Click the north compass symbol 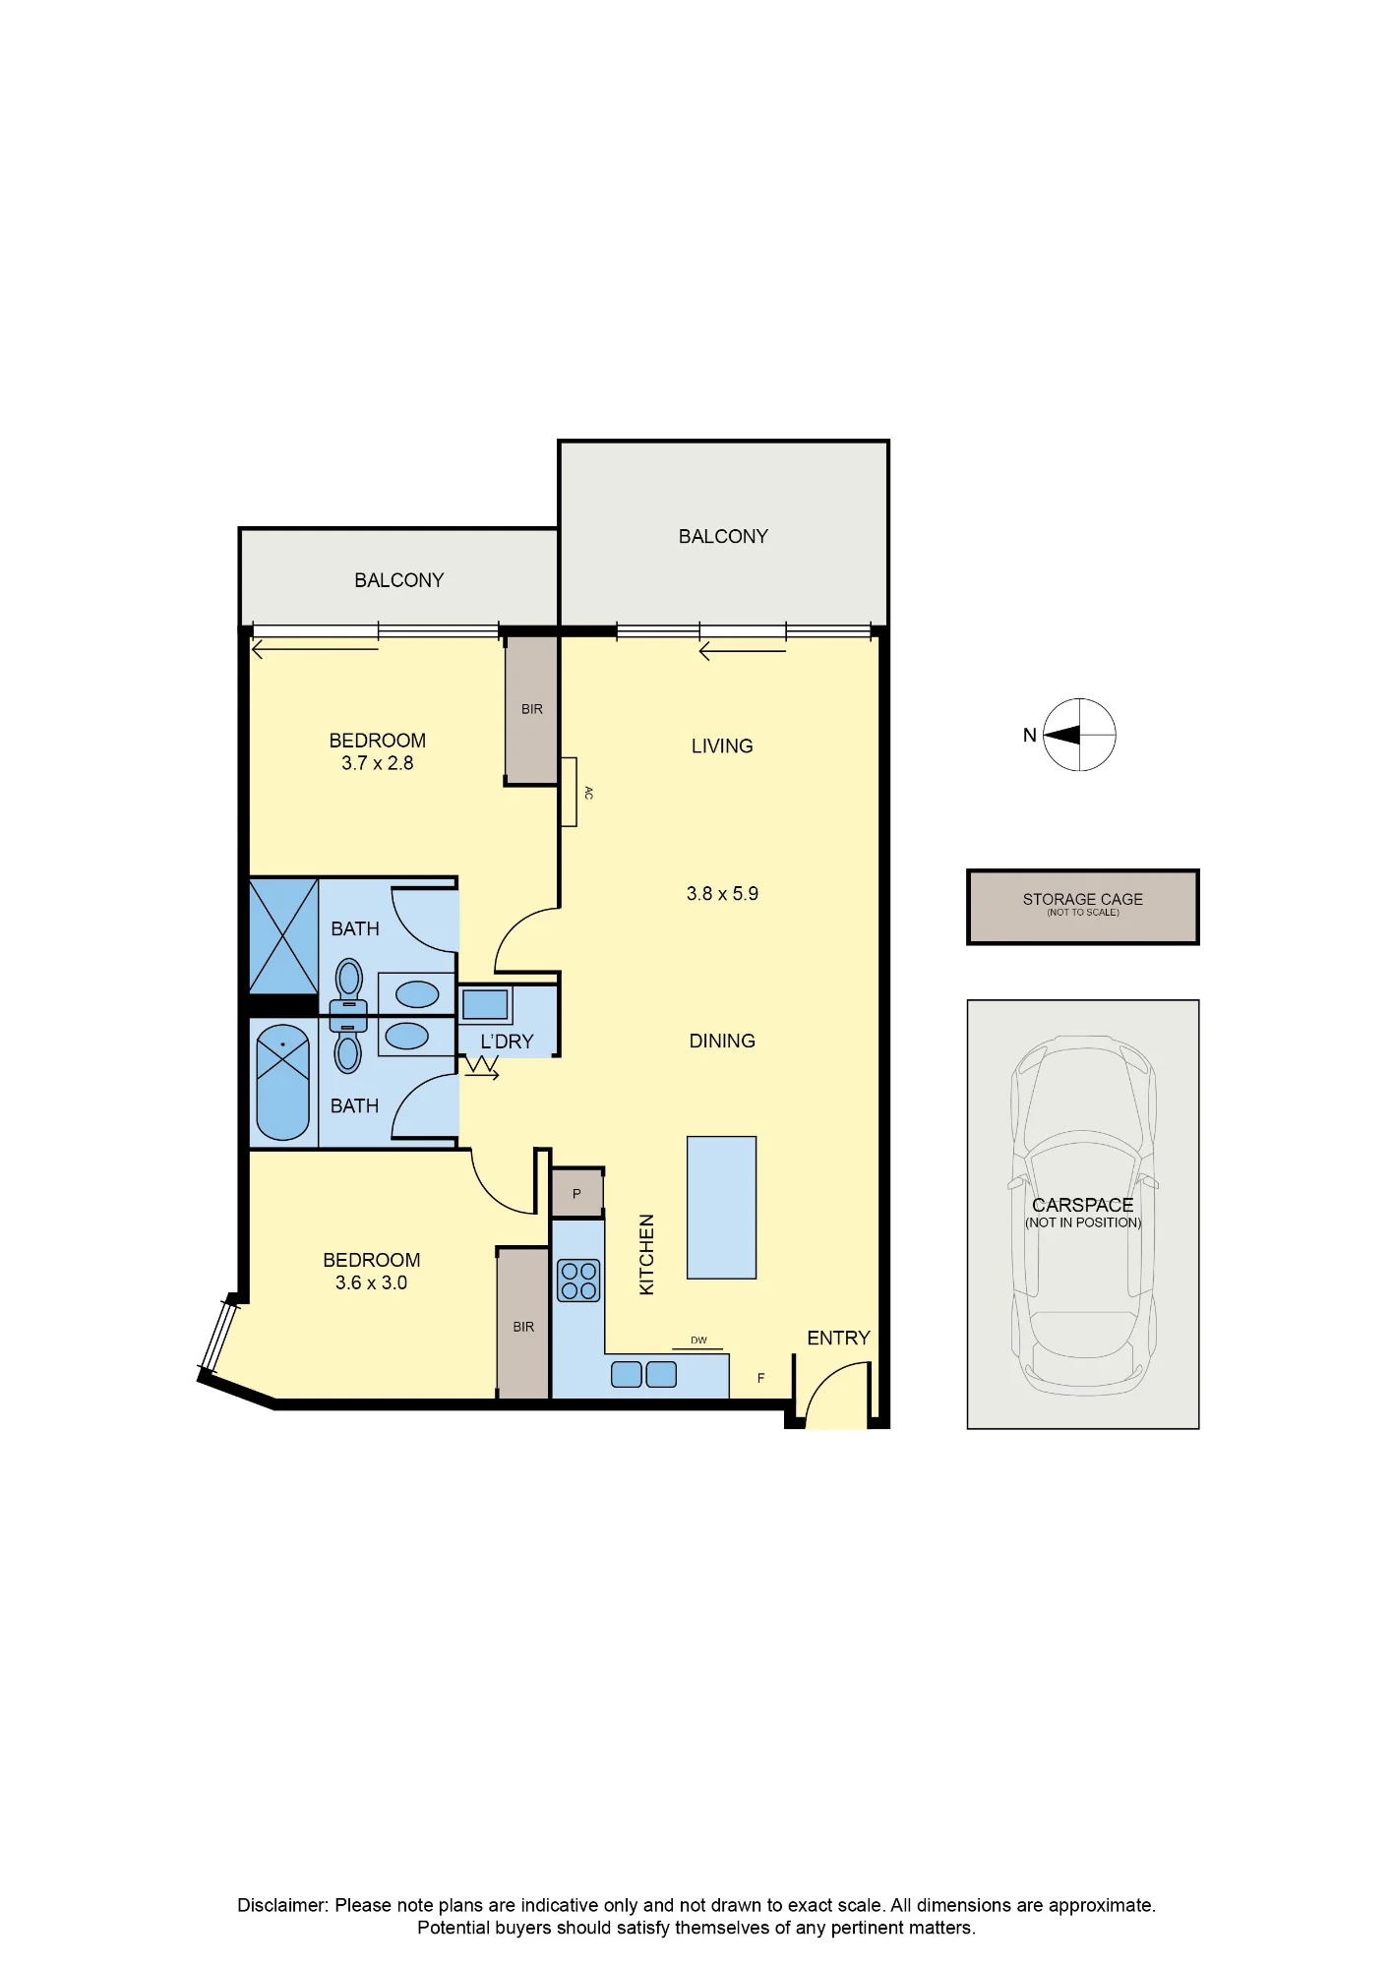(x=1079, y=735)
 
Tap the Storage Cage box (x=1083, y=907)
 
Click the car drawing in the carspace (x=1083, y=1216)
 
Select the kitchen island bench (x=721, y=1208)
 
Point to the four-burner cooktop (x=578, y=1281)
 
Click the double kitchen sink (x=644, y=1374)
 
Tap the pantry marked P (x=576, y=1193)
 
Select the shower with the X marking (x=283, y=936)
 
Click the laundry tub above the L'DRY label (x=485, y=1004)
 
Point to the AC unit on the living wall (x=569, y=792)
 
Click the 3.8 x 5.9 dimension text (x=722, y=894)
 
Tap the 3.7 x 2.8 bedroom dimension (x=377, y=763)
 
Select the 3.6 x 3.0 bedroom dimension (x=371, y=1282)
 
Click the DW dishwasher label (x=698, y=1341)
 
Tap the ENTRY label (x=838, y=1338)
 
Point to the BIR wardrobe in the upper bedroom (x=532, y=709)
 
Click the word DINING (x=722, y=1041)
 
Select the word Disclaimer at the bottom (x=281, y=1905)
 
